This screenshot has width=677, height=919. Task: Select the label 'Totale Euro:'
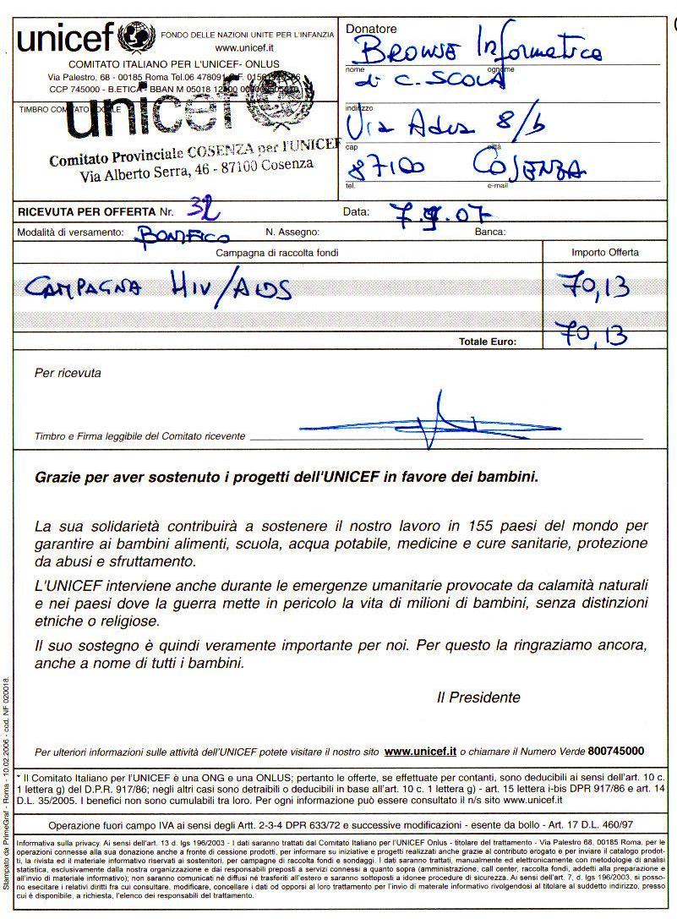pos(487,342)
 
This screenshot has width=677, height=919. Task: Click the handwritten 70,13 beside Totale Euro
pos(597,337)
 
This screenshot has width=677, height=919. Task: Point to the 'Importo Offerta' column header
pos(605,252)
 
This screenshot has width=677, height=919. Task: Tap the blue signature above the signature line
pos(440,418)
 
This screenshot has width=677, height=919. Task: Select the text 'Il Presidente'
pos(478,697)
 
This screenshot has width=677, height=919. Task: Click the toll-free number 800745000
pos(616,750)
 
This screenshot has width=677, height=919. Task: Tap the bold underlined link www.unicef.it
pos(420,750)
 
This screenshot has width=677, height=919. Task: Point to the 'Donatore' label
pos(370,29)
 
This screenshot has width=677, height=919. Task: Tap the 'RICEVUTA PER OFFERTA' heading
pos(86,211)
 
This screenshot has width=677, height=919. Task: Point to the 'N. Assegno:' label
pos(292,231)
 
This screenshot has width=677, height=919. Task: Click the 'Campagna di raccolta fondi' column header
pos(278,252)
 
